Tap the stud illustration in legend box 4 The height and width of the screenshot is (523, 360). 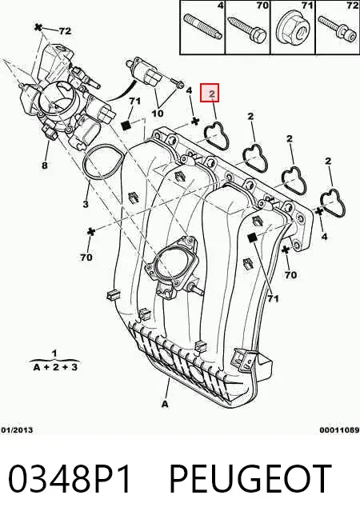pos(202,26)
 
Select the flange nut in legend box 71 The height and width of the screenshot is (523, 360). pos(293,30)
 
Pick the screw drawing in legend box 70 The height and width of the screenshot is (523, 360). pos(247,30)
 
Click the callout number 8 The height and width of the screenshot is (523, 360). pos(45,165)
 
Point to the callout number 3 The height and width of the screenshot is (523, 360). pos(86,203)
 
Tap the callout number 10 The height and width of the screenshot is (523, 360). pos(158,113)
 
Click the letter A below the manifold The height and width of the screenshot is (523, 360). pos(165,404)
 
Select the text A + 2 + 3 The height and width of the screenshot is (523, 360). pos(55,367)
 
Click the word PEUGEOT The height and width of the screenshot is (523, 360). pos(250,479)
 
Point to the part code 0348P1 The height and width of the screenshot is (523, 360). pos(69,479)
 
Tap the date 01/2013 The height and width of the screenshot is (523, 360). pos(17,430)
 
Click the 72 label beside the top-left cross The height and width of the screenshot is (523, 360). pos(65,31)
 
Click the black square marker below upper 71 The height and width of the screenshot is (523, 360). pos(126,126)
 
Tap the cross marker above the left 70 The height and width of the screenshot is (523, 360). pos(90,232)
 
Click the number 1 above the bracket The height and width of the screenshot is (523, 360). pos(54,353)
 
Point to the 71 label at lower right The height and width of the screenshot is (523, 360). pos(273,298)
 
